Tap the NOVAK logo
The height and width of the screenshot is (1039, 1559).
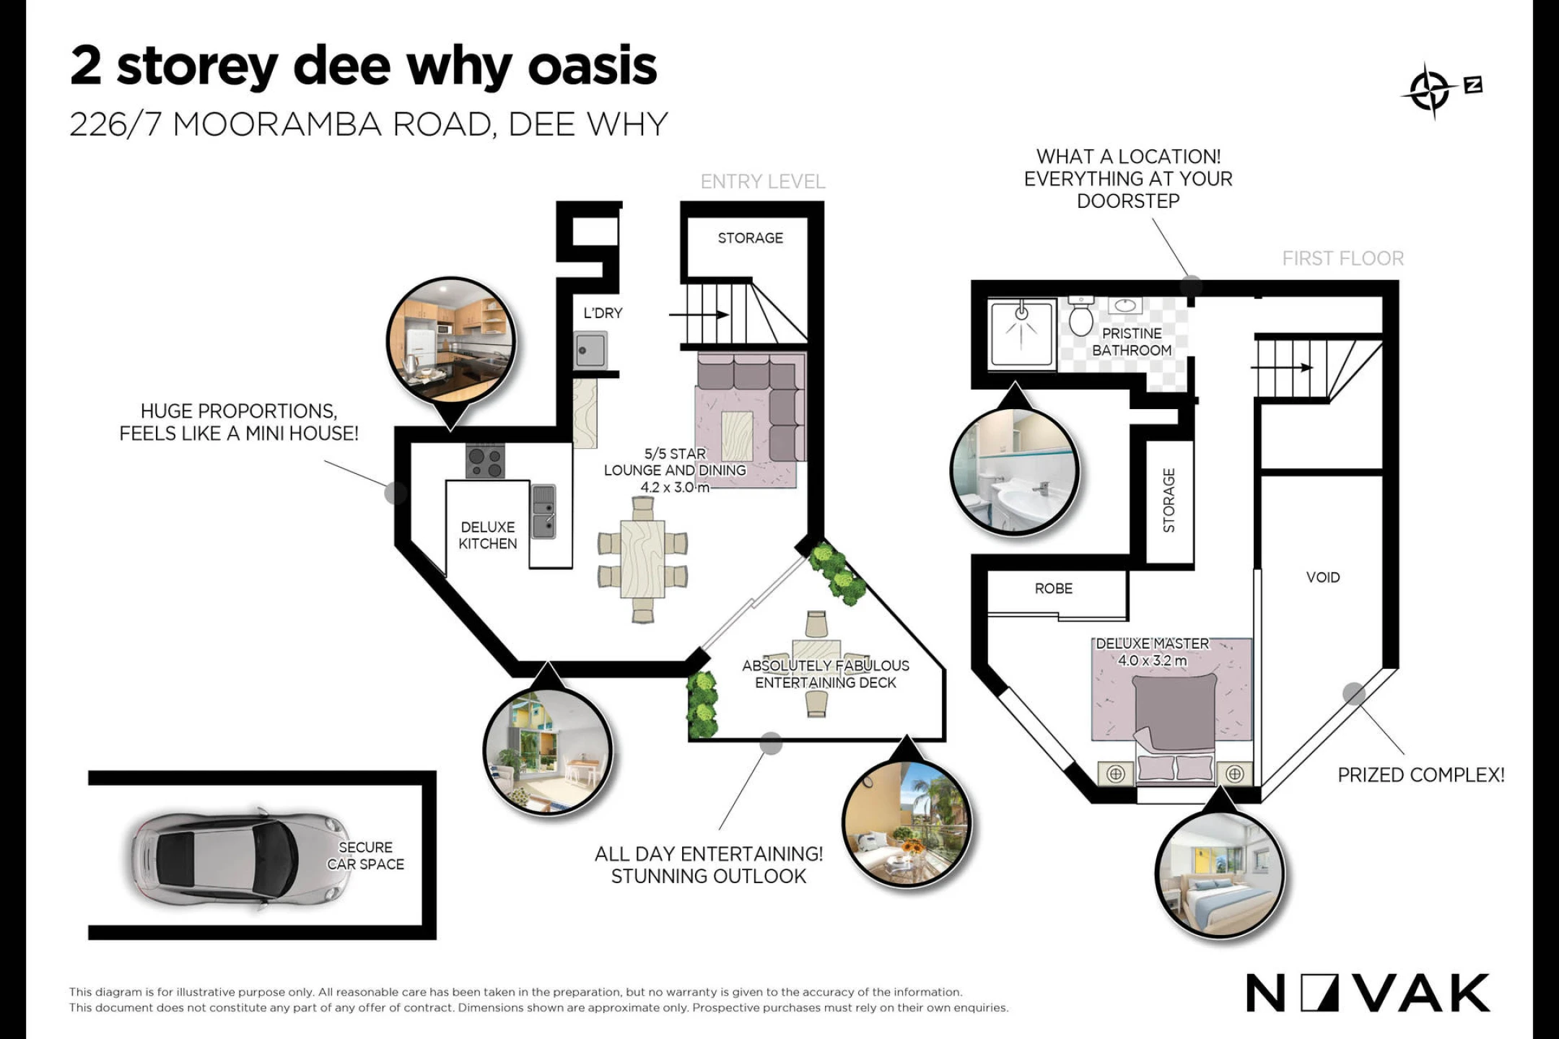tap(1368, 993)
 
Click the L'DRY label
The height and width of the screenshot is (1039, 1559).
tap(603, 313)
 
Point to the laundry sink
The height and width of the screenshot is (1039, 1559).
tap(591, 351)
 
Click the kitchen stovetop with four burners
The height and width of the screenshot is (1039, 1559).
tap(485, 461)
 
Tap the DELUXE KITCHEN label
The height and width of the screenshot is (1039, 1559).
tap(488, 535)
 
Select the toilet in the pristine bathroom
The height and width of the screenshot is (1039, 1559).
tap(1081, 315)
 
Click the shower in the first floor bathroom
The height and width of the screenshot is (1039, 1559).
tap(1022, 334)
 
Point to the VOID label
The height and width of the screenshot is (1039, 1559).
tap(1323, 577)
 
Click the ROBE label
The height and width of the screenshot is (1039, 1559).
tap(1054, 589)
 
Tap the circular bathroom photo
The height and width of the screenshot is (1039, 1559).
tap(1015, 470)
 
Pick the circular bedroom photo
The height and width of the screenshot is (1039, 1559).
tap(1220, 874)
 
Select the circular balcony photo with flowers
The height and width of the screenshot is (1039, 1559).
tap(907, 823)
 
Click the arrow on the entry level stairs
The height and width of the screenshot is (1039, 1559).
tap(699, 315)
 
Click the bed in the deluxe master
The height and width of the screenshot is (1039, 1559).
tap(1175, 728)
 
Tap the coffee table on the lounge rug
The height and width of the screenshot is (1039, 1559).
tap(737, 437)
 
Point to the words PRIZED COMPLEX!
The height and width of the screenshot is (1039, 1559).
tap(1421, 775)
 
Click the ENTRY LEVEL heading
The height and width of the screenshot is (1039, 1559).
tap(763, 182)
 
